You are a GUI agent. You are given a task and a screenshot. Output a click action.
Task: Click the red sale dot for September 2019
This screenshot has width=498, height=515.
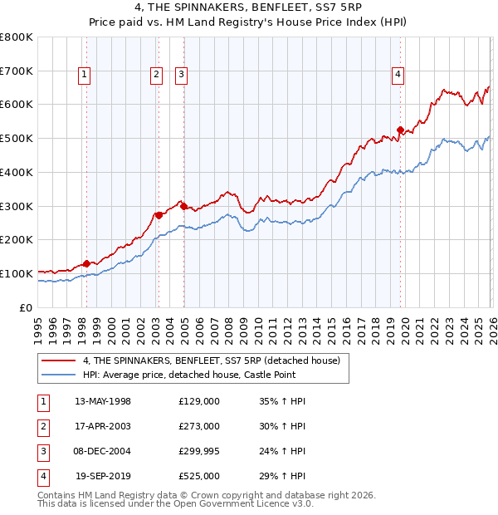tap(400, 130)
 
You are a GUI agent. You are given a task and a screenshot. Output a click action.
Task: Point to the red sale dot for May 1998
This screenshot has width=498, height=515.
tap(86, 264)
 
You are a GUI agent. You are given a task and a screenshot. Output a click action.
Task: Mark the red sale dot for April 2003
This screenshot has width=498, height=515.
tap(158, 215)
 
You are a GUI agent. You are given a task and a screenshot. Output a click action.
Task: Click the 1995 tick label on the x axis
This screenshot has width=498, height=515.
tap(38, 327)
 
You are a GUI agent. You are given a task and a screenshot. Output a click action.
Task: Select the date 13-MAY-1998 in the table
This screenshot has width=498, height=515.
tap(103, 401)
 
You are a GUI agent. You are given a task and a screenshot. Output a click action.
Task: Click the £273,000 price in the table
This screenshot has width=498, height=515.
tap(199, 426)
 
